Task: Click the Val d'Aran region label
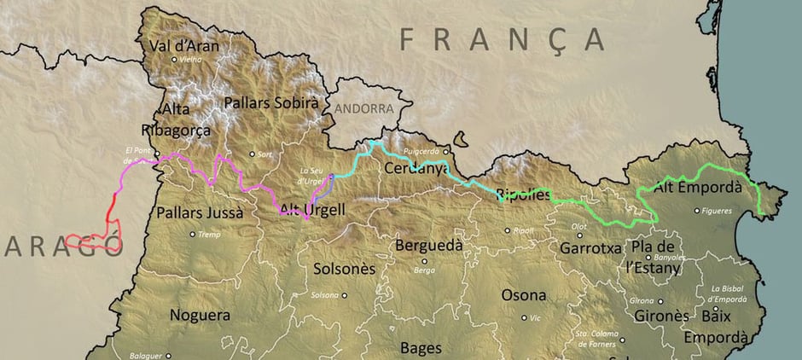pyautogui.click(x=183, y=45)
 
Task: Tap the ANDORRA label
pyautogui.click(x=364, y=109)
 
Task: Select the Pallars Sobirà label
pyautogui.click(x=271, y=102)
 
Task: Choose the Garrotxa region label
pyautogui.click(x=590, y=248)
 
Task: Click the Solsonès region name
pyautogui.click(x=345, y=268)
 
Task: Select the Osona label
pyautogui.click(x=523, y=295)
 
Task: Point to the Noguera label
pyautogui.click(x=200, y=315)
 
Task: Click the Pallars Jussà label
pyautogui.click(x=200, y=212)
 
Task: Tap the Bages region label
pyautogui.click(x=421, y=347)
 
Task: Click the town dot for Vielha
pyautogui.click(x=174, y=60)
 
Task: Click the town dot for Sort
pyautogui.click(x=252, y=154)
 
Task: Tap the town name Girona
pyautogui.click(x=641, y=301)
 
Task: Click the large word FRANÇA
pyautogui.click(x=503, y=38)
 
